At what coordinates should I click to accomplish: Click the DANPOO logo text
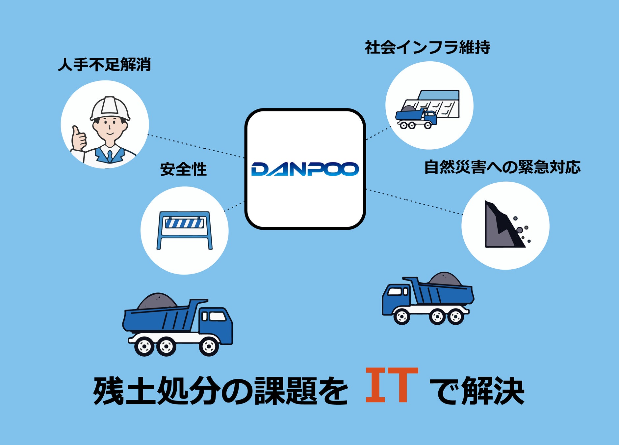305,169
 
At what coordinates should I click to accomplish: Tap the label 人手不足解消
104,64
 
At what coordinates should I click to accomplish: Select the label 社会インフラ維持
427,47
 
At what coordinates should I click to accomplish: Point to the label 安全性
183,169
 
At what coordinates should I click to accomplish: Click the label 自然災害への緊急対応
502,167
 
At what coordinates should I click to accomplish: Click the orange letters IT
392,385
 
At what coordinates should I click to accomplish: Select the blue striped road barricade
184,229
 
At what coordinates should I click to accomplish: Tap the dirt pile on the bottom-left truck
157,301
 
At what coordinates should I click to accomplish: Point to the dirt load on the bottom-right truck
445,279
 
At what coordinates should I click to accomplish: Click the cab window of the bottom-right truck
396,291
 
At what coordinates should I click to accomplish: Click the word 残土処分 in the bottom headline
157,391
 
